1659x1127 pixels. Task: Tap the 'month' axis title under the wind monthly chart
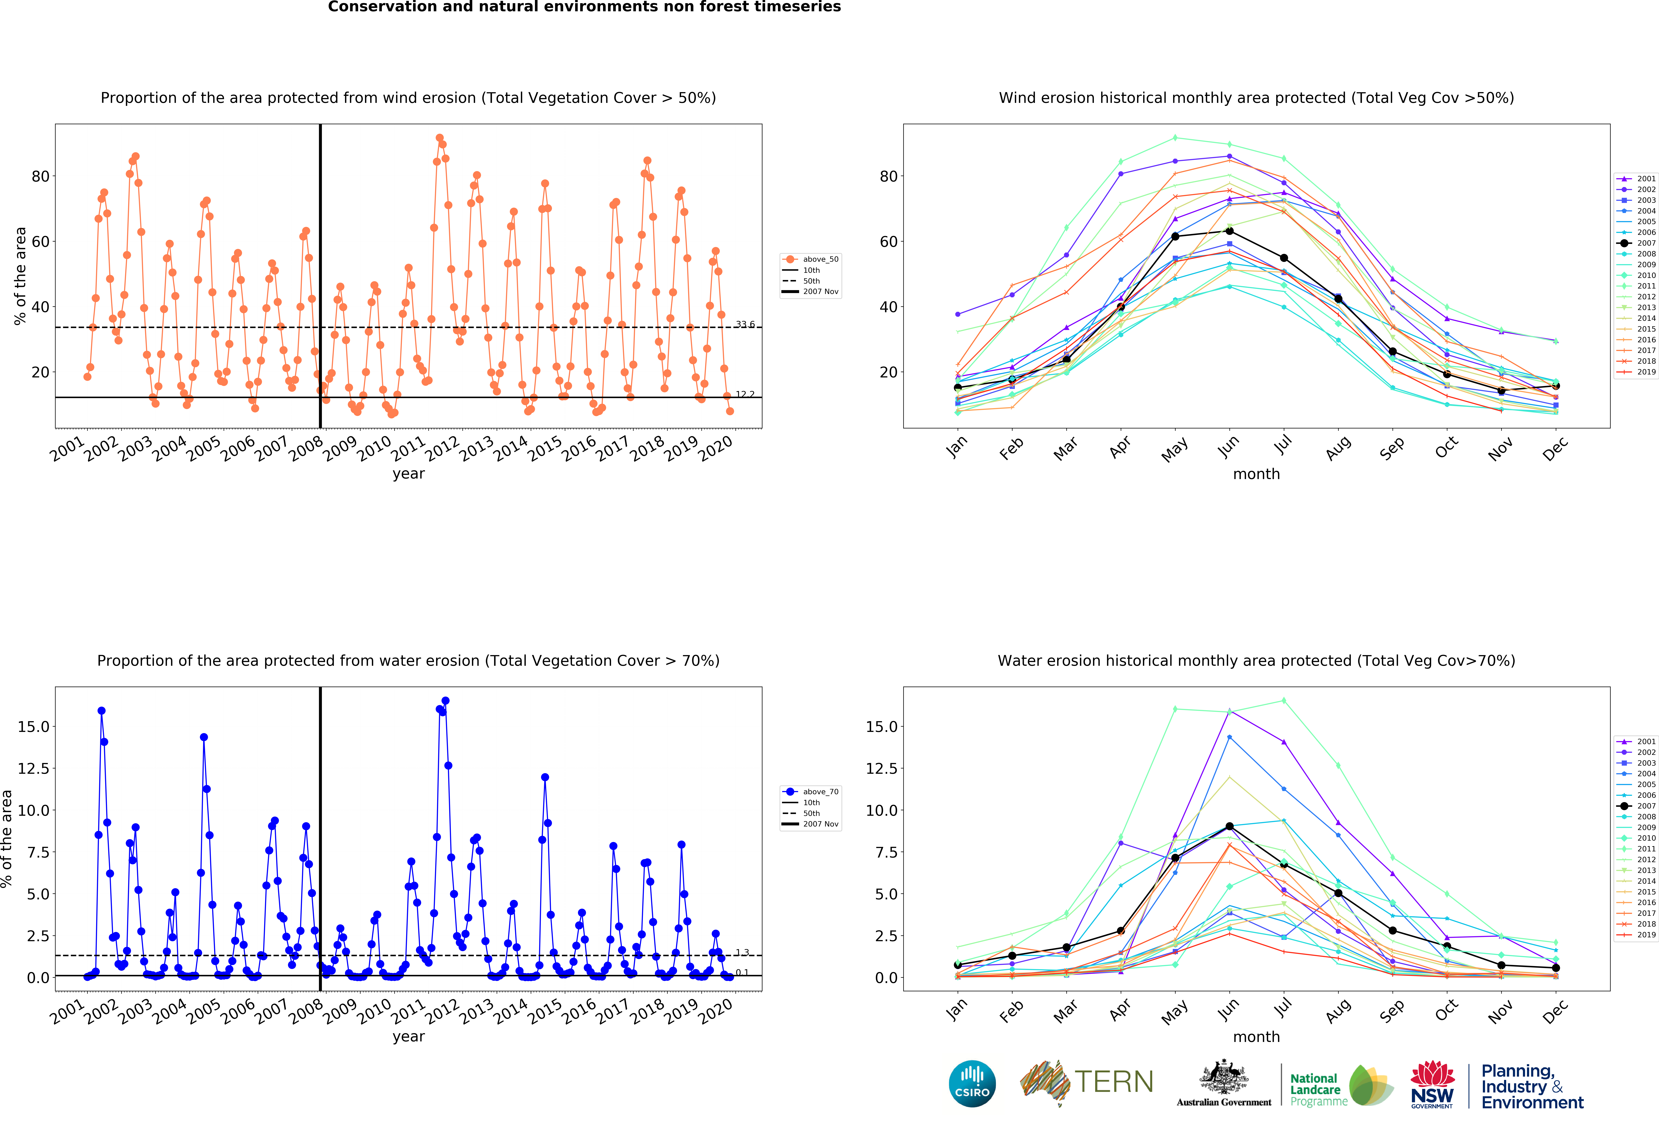[x=1256, y=474]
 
